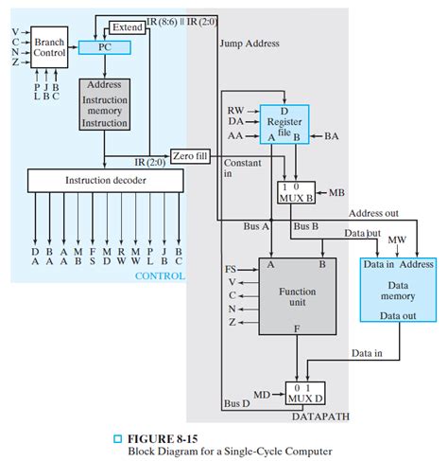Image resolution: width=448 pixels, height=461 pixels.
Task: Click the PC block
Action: tap(104, 46)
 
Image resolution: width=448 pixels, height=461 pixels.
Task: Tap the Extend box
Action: tap(127, 27)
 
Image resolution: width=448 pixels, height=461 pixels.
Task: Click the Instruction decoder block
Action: tap(103, 179)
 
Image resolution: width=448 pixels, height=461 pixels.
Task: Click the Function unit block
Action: tap(298, 298)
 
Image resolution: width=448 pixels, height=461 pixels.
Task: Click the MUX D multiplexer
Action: tap(304, 391)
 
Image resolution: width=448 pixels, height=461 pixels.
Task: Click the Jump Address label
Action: tap(249, 44)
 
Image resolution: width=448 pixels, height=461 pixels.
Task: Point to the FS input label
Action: tap(231, 270)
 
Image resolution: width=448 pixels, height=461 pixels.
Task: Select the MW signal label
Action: tap(397, 241)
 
